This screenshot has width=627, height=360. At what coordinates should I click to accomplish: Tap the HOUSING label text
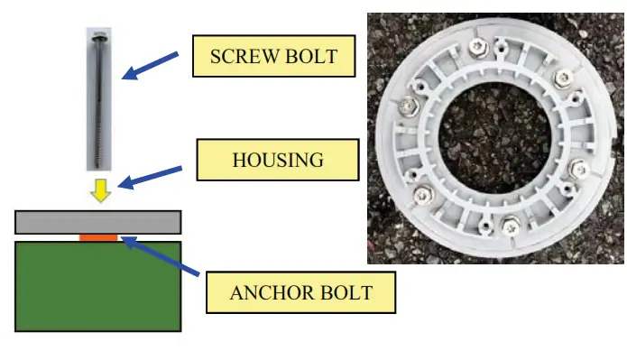point(278,160)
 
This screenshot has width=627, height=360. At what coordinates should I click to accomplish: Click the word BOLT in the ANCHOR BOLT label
point(346,292)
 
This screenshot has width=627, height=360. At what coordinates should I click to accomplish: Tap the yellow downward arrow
point(102,189)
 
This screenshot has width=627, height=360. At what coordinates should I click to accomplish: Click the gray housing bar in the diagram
point(97,222)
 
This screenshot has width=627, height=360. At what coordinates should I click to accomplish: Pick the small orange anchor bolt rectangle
point(98,237)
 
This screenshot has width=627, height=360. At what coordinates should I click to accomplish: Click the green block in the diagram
point(97,285)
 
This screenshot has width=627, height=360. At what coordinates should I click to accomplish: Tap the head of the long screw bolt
point(97,36)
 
